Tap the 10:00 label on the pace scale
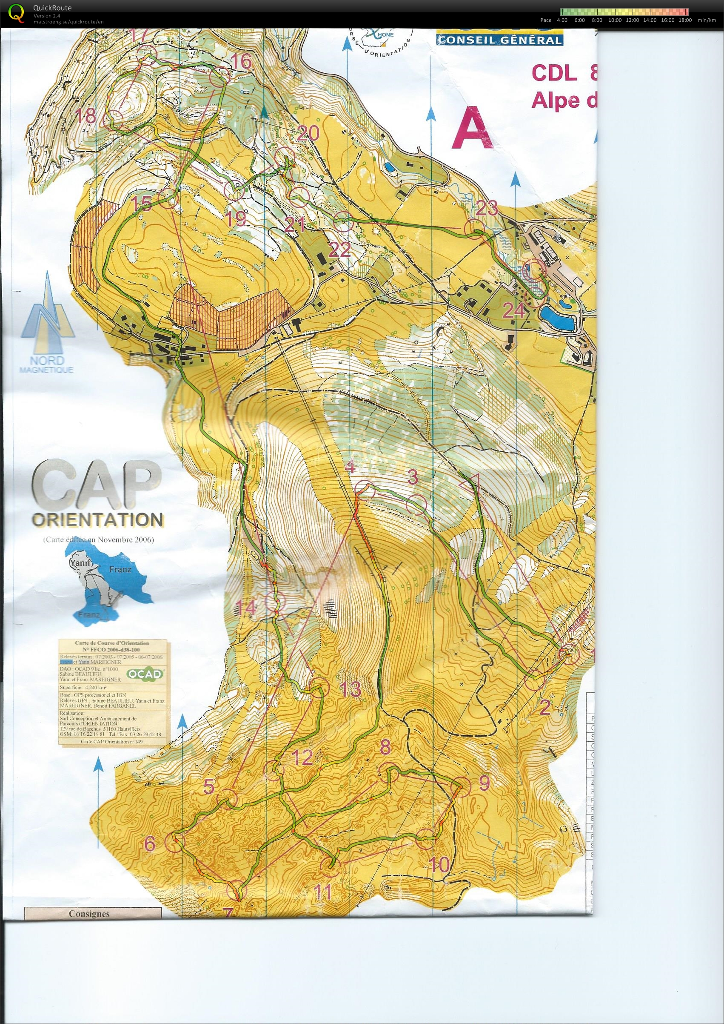(615, 20)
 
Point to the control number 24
(513, 311)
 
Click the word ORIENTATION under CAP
(97, 520)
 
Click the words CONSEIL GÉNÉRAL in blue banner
(499, 40)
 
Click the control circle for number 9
(461, 787)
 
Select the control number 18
(86, 117)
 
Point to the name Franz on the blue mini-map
(120, 570)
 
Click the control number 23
(486, 208)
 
